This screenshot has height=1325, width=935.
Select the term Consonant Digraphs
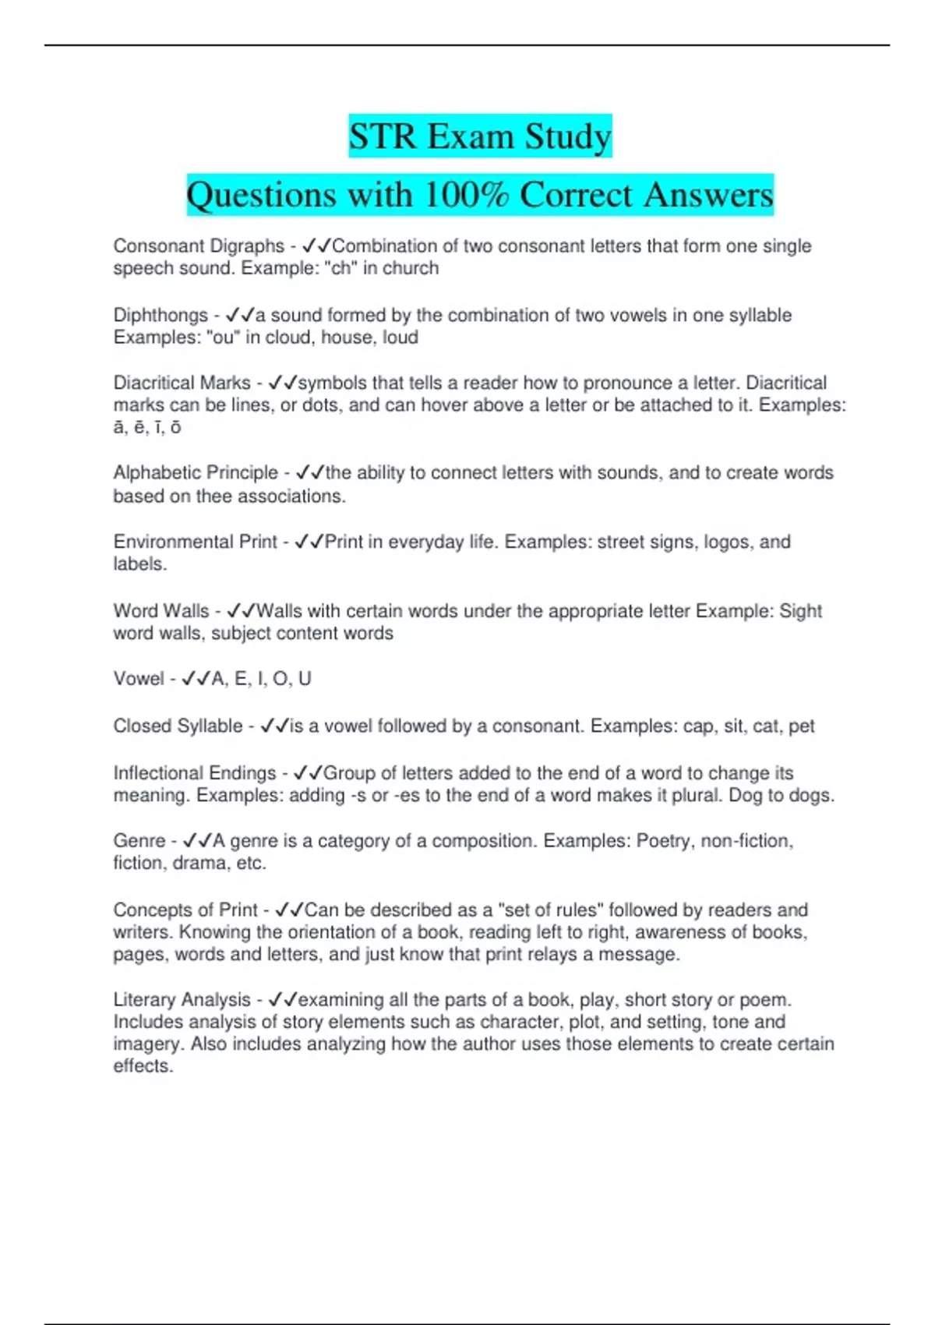(199, 246)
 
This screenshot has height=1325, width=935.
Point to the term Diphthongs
(161, 316)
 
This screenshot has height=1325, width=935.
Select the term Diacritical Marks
(182, 383)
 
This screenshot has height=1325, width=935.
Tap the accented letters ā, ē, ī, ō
(147, 427)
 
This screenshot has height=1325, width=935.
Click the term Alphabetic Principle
(196, 473)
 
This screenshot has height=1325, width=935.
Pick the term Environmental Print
(196, 542)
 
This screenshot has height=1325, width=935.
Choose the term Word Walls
(161, 611)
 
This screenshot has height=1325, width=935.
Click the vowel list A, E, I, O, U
(262, 679)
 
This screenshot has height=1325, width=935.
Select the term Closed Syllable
(178, 726)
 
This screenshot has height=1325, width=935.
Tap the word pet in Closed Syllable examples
(801, 726)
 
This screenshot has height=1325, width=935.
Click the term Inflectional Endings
(195, 773)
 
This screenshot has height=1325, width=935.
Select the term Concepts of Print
(185, 910)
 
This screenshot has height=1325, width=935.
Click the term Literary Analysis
(182, 1000)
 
